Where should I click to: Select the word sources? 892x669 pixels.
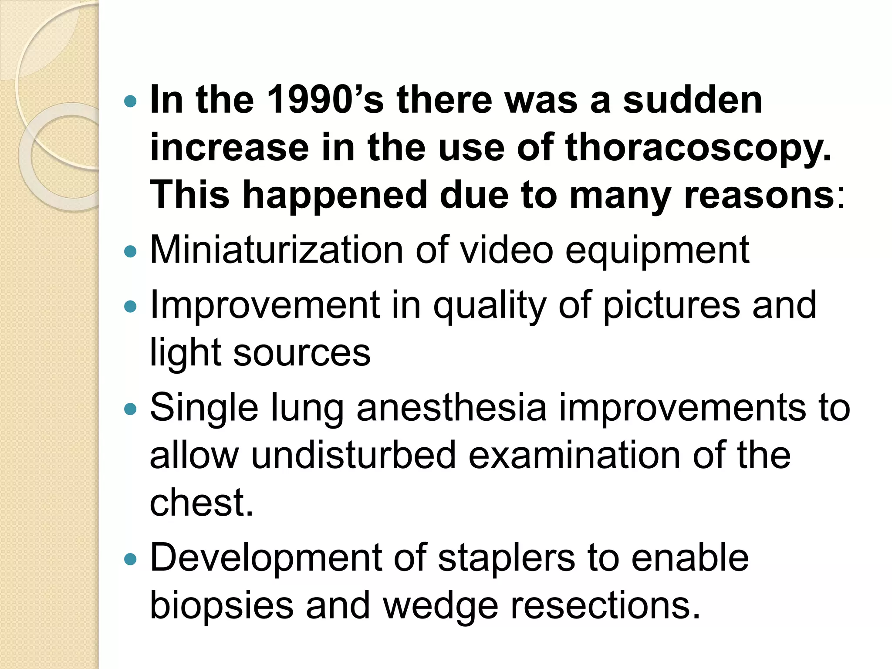click(302, 353)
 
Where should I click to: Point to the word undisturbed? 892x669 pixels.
click(353, 455)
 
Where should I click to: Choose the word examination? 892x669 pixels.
click(574, 455)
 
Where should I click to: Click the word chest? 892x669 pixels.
click(200, 503)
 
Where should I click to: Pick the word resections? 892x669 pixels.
click(605, 605)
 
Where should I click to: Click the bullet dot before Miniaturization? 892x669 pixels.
click(130, 251)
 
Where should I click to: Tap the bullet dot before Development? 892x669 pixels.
click(130, 559)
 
